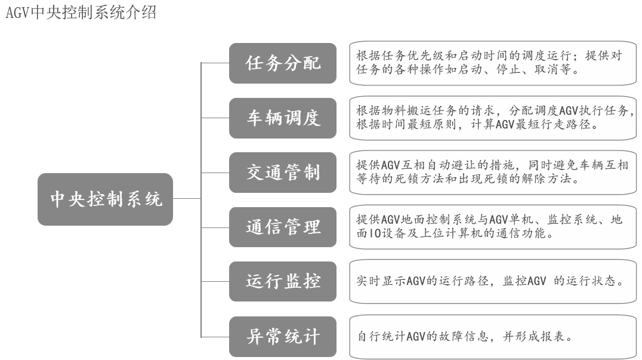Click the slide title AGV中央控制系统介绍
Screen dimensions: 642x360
tap(81, 13)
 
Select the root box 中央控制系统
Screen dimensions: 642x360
tap(105, 199)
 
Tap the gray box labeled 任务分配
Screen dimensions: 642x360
tap(282, 63)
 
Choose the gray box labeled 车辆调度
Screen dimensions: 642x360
tap(282, 118)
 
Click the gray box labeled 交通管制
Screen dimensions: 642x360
tap(282, 173)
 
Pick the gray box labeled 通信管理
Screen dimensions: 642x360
tap(282, 227)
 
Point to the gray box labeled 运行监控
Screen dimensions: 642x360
tap(282, 281)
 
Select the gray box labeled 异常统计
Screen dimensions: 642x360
tap(282, 336)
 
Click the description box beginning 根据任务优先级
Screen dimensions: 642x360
tap(493, 63)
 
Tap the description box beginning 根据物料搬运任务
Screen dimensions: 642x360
tap(493, 118)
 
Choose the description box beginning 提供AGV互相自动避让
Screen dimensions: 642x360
tap(493, 173)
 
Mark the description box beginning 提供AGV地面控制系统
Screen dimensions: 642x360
tap(493, 227)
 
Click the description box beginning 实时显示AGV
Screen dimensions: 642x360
tap(493, 281)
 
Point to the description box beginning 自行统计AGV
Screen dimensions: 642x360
tap(493, 336)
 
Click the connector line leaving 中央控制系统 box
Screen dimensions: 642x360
tap(187, 199)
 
